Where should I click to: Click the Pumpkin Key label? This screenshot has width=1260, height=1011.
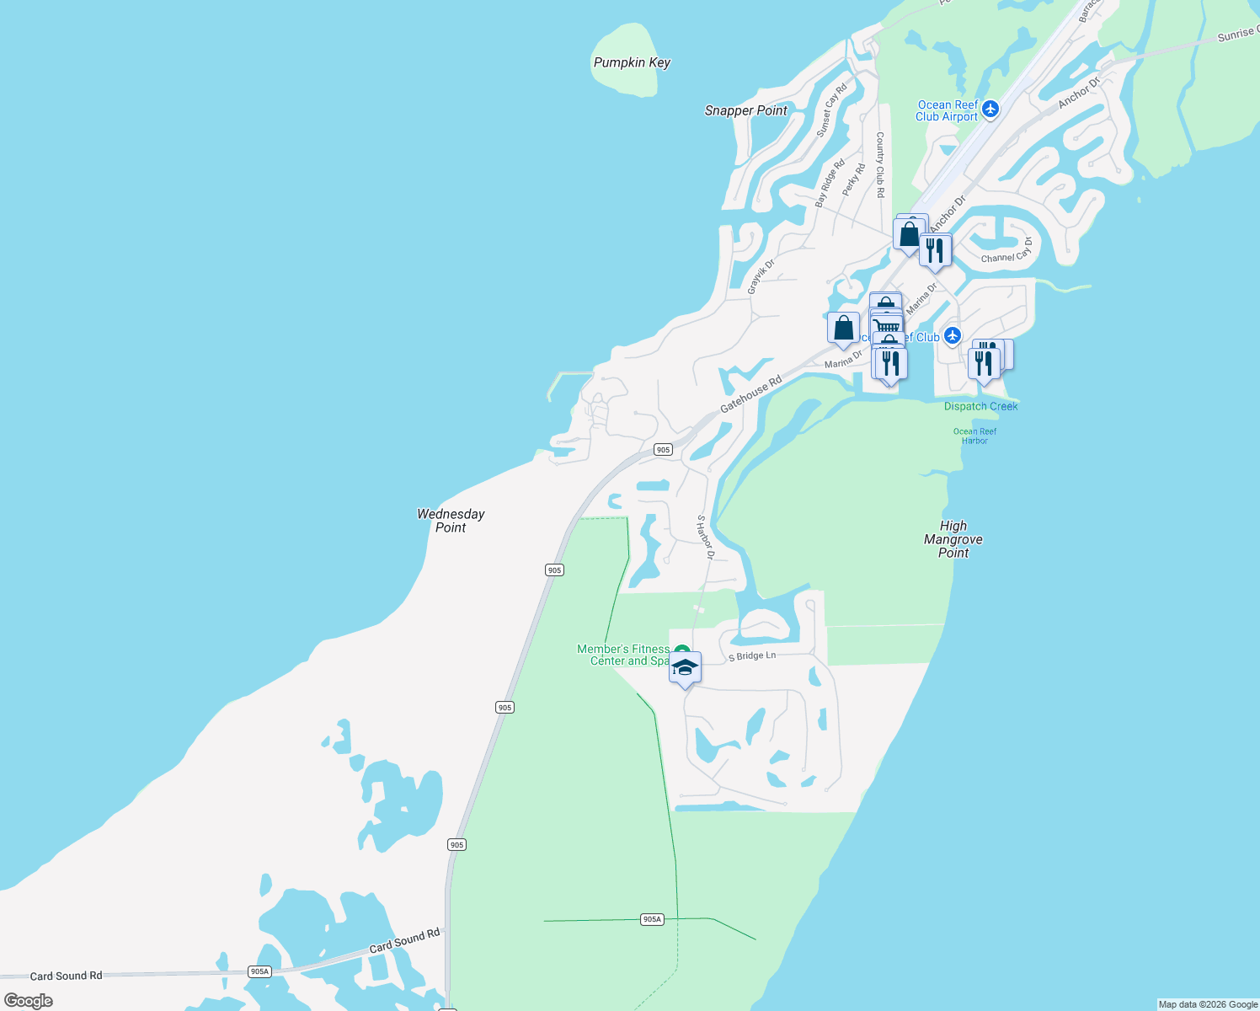[632, 62]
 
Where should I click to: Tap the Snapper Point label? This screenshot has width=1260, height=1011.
[745, 110]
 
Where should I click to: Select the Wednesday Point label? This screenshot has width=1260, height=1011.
[451, 520]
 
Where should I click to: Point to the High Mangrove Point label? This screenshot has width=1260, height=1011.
[953, 539]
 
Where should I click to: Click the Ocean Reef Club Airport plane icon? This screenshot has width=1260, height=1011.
[990, 109]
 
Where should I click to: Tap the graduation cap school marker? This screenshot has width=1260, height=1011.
[685, 668]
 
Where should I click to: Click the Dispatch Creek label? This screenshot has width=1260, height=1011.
[980, 406]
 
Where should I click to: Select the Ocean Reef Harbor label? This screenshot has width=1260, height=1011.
[974, 436]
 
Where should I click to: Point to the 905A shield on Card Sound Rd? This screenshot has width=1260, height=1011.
[259, 971]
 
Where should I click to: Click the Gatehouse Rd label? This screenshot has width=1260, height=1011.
[750, 393]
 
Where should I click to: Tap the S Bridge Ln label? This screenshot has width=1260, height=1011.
[752, 655]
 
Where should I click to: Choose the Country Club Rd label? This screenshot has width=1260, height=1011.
[880, 164]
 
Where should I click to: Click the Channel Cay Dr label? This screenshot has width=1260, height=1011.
[1006, 251]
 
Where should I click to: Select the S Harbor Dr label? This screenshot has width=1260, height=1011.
[705, 537]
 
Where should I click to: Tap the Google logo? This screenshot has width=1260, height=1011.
[29, 1001]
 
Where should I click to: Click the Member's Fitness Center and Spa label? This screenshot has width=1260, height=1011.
[623, 655]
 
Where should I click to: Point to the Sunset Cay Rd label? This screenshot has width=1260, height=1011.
[831, 111]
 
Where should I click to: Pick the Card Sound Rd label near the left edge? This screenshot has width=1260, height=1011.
[66, 976]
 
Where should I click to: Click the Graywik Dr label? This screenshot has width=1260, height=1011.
[761, 277]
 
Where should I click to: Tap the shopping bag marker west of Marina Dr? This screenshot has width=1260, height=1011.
[843, 329]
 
